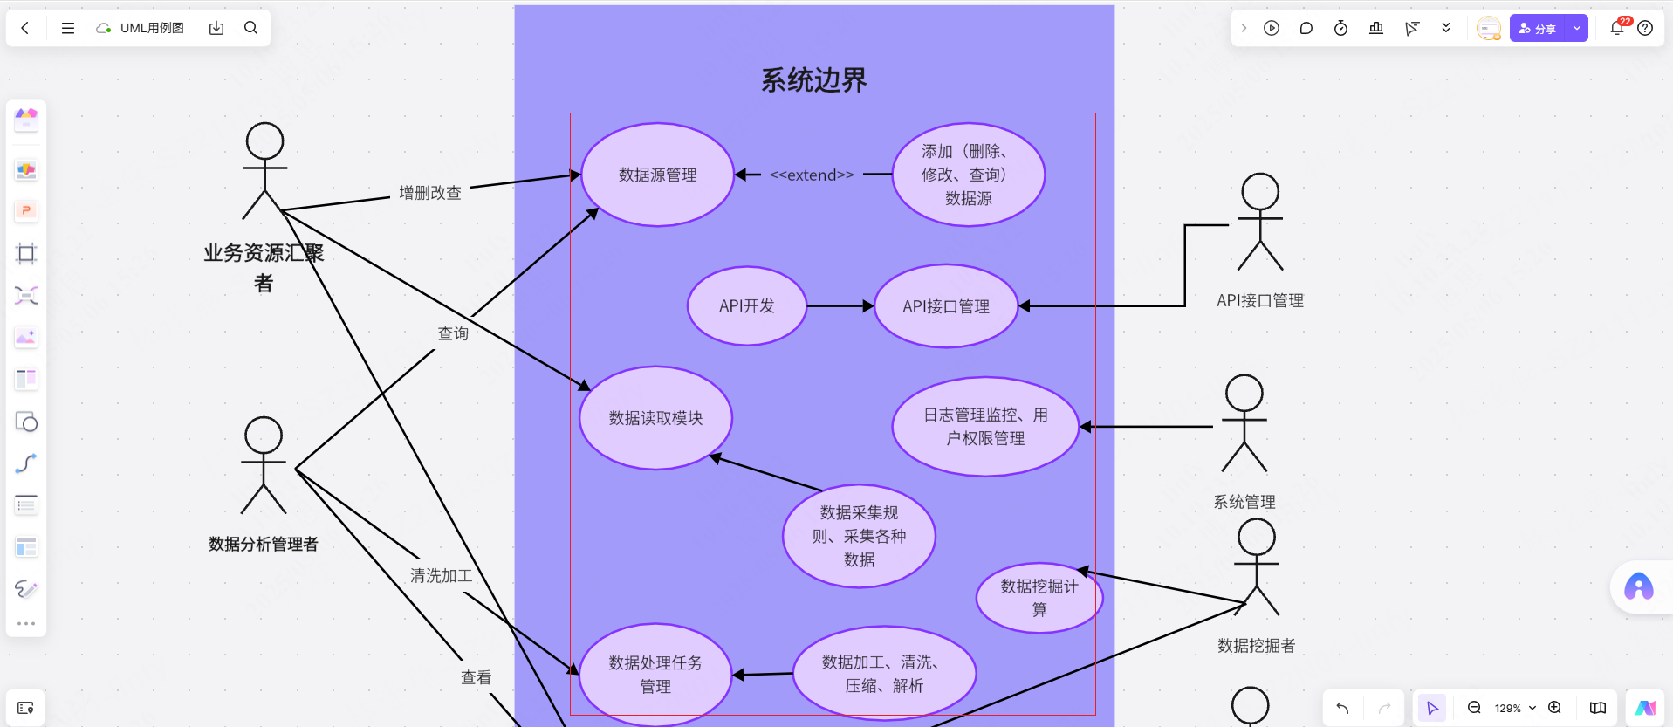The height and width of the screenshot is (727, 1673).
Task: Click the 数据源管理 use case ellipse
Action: pyautogui.click(x=657, y=175)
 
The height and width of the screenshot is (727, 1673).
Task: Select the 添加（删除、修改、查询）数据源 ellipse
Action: pyautogui.click(x=968, y=175)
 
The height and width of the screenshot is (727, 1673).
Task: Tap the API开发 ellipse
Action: pyautogui.click(x=746, y=306)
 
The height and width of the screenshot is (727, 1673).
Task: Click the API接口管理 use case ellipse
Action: pyautogui.click(x=946, y=306)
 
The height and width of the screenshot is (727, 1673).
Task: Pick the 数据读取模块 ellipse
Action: pyautogui.click(x=655, y=418)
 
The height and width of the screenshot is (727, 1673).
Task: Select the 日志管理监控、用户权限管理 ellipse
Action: pyautogui.click(x=985, y=427)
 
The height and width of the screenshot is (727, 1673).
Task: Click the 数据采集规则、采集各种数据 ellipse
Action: pyautogui.click(x=859, y=536)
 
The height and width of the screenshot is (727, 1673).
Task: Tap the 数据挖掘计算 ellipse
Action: pyautogui.click(x=1039, y=598)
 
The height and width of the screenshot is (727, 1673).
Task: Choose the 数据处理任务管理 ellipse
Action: pyautogui.click(x=655, y=674)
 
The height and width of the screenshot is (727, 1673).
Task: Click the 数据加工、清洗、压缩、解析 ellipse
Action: pyautogui.click(x=884, y=674)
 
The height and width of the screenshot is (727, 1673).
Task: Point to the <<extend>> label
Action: pyautogui.click(x=812, y=175)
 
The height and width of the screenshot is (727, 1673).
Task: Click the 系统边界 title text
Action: pyautogui.click(x=813, y=80)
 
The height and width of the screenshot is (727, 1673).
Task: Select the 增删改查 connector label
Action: pyautogui.click(x=430, y=193)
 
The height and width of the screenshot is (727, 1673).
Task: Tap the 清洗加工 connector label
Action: pyautogui.click(x=442, y=576)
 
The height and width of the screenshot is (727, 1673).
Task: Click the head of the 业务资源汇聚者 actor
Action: pyautogui.click(x=264, y=141)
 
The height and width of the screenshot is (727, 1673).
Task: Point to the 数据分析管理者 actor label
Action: pyautogui.click(x=264, y=545)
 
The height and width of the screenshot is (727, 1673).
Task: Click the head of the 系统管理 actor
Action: pyautogui.click(x=1244, y=394)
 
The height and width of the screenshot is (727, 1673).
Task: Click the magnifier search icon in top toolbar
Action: pyautogui.click(x=250, y=28)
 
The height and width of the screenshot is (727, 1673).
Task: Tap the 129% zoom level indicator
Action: pyautogui.click(x=1508, y=709)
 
